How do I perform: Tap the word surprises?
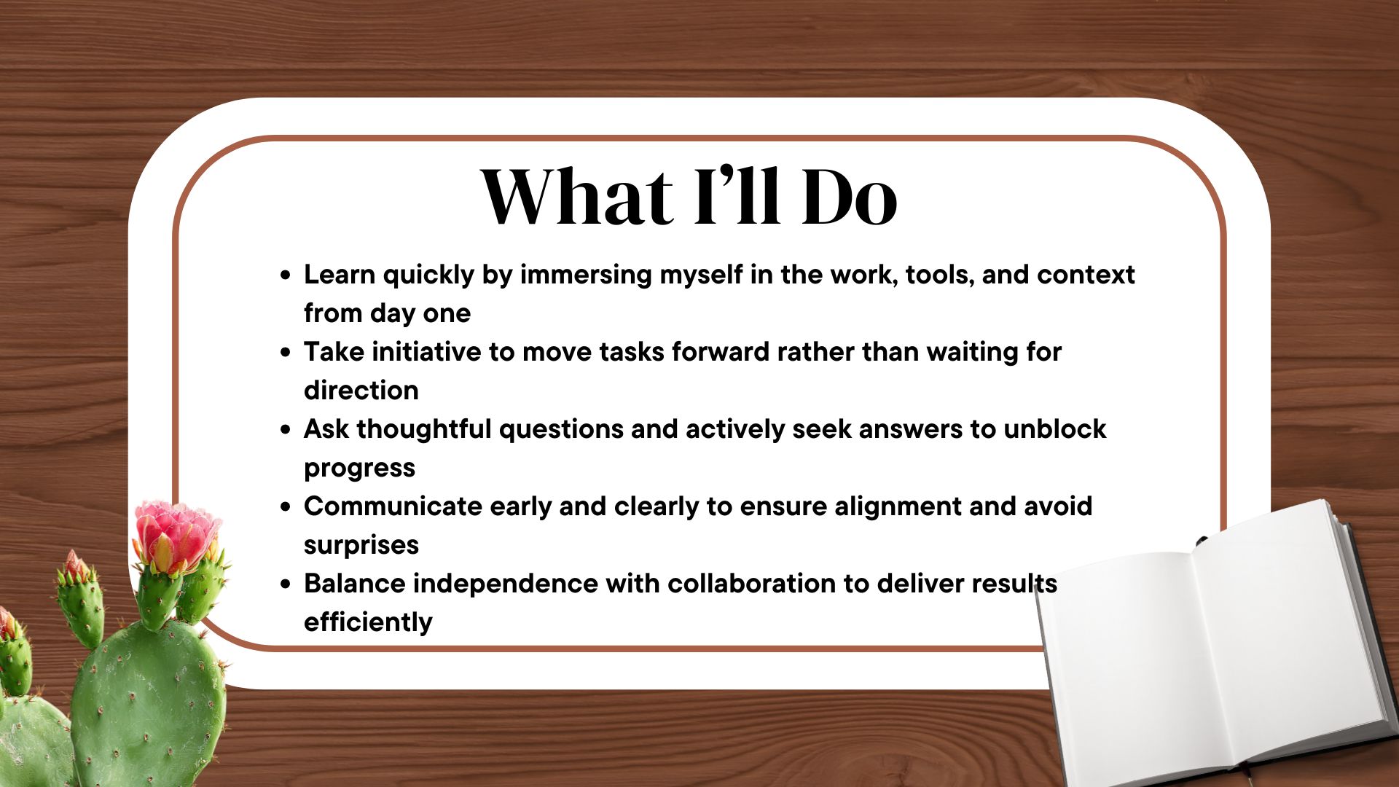361,546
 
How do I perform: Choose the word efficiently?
368,623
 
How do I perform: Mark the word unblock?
1055,429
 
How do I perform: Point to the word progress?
359,469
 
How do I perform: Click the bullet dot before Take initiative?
286,353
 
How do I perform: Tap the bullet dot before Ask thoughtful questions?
286,430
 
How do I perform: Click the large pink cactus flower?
176,536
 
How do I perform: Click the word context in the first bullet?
1086,275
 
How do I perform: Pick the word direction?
361,391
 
